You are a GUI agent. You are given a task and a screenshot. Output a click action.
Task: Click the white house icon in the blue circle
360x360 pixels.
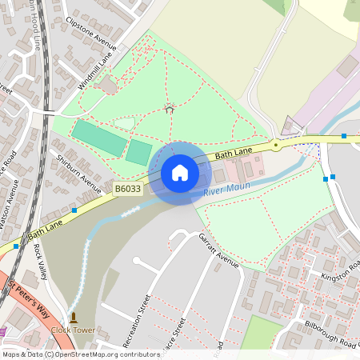click(x=180, y=173)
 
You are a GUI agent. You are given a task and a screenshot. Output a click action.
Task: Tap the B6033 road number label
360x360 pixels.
click(x=127, y=189)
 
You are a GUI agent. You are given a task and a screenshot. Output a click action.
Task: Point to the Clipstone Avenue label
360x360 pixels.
click(x=90, y=30)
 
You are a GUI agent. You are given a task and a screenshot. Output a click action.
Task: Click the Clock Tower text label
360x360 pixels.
click(x=73, y=330)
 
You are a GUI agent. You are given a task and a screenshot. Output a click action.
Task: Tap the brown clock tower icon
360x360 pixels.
click(x=73, y=318)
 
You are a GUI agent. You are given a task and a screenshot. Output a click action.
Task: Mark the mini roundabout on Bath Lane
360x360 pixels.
click(x=275, y=145)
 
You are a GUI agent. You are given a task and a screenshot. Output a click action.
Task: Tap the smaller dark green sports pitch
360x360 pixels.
click(x=138, y=152)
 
